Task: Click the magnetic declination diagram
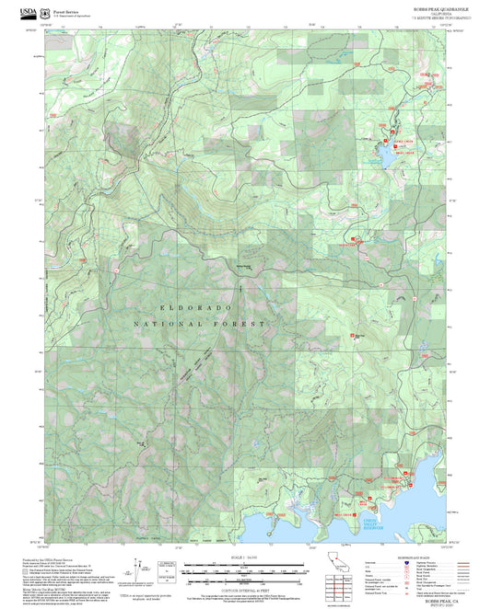click(139, 568)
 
